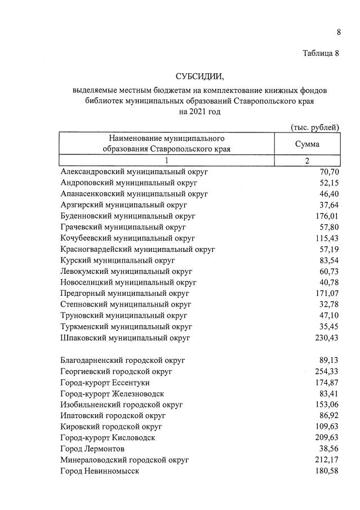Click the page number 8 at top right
coord(339,32)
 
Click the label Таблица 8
coord(321,54)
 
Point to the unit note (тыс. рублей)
coord(314,127)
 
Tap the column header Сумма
coord(307,144)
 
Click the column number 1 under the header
coord(167,161)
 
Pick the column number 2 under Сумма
coord(307,161)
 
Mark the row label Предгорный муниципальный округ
coord(125,294)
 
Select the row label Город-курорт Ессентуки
coord(107,383)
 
